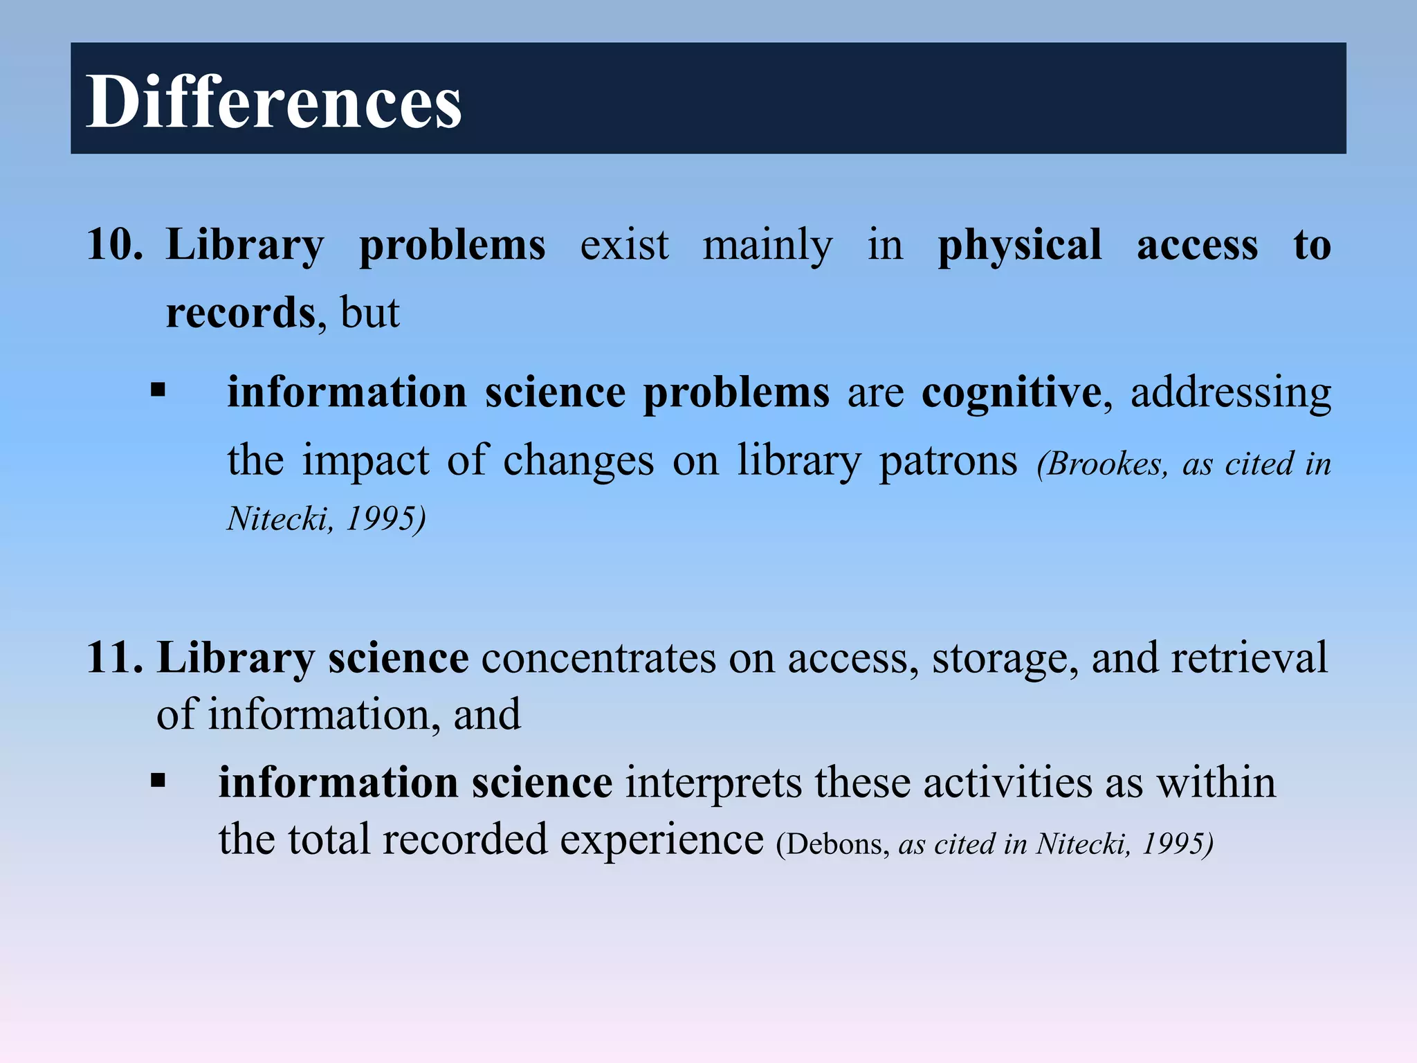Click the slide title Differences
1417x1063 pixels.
[273, 102]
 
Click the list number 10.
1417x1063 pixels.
[114, 244]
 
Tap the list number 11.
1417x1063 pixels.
[114, 657]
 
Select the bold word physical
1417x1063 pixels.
[1019, 246]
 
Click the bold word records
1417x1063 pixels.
[241, 313]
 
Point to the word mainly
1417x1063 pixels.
[767, 246]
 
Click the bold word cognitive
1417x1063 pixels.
[1012, 393]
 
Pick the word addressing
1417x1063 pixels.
[1230, 393]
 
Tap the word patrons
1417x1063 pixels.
[948, 461]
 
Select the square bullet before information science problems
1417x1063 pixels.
[158, 390]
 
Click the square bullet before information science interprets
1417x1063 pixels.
[158, 781]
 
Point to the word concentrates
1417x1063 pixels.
[598, 657]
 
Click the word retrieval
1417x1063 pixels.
[1249, 657]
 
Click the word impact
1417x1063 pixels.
[366, 461]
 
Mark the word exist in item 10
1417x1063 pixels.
[624, 246]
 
